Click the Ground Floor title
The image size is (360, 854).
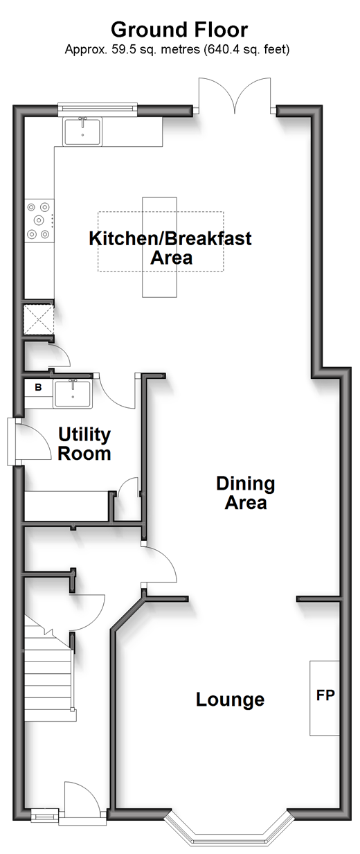[x=179, y=30]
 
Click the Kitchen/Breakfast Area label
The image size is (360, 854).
[x=170, y=248]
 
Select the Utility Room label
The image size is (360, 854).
[x=84, y=444]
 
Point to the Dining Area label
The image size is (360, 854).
[x=246, y=492]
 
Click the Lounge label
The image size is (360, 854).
[x=230, y=700]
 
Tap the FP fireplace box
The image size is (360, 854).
[x=325, y=697]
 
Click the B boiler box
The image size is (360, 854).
[x=38, y=388]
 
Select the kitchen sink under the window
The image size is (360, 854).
[x=82, y=132]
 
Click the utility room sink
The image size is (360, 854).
[x=73, y=394]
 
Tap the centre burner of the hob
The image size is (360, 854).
[x=39, y=220]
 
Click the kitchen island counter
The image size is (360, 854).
[x=160, y=247]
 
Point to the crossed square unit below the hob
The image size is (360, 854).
[x=39, y=319]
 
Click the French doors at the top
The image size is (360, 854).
[x=235, y=96]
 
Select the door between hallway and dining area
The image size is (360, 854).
[x=159, y=564]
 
